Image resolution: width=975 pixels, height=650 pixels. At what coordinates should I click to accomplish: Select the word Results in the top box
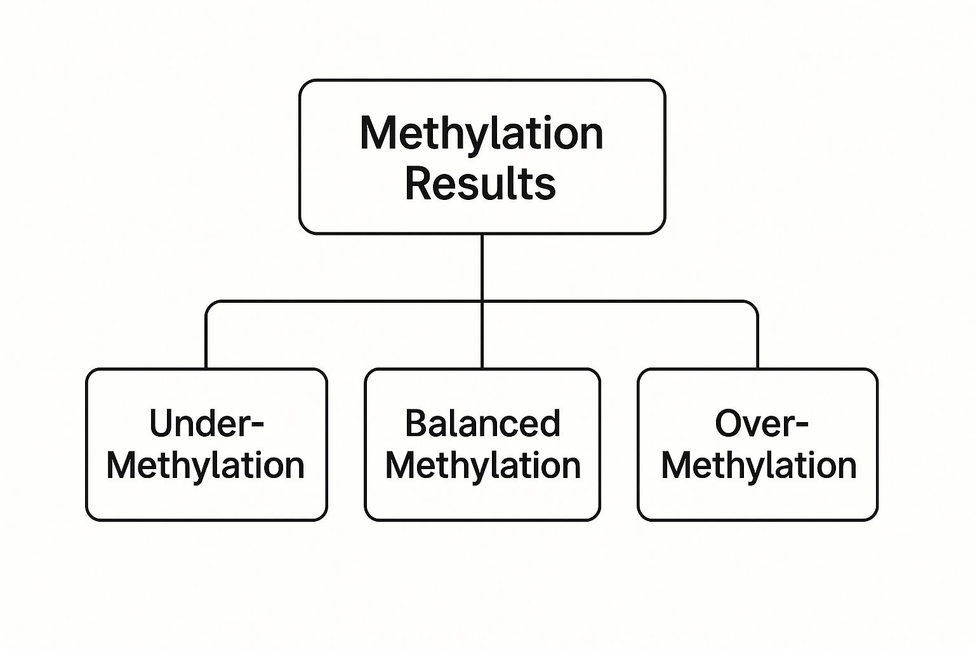click(481, 183)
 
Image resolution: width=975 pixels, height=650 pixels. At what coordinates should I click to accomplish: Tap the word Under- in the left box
click(206, 423)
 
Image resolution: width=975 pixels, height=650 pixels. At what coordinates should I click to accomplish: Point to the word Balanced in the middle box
click(482, 423)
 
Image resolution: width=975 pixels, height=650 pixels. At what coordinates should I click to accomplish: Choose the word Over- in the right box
click(761, 423)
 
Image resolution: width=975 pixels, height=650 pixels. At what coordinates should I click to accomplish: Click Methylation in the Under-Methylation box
click(206, 465)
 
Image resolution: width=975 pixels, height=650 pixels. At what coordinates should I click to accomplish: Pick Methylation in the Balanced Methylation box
click(483, 465)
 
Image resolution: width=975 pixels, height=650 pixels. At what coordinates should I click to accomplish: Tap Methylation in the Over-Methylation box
click(759, 465)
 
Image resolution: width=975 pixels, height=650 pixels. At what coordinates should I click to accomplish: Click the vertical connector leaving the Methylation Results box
click(482, 267)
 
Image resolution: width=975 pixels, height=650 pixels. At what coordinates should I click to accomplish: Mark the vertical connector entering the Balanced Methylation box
click(482, 335)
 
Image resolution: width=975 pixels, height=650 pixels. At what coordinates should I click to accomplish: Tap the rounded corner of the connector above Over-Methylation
click(754, 305)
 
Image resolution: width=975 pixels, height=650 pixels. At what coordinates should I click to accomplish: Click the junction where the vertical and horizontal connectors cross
click(482, 301)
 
